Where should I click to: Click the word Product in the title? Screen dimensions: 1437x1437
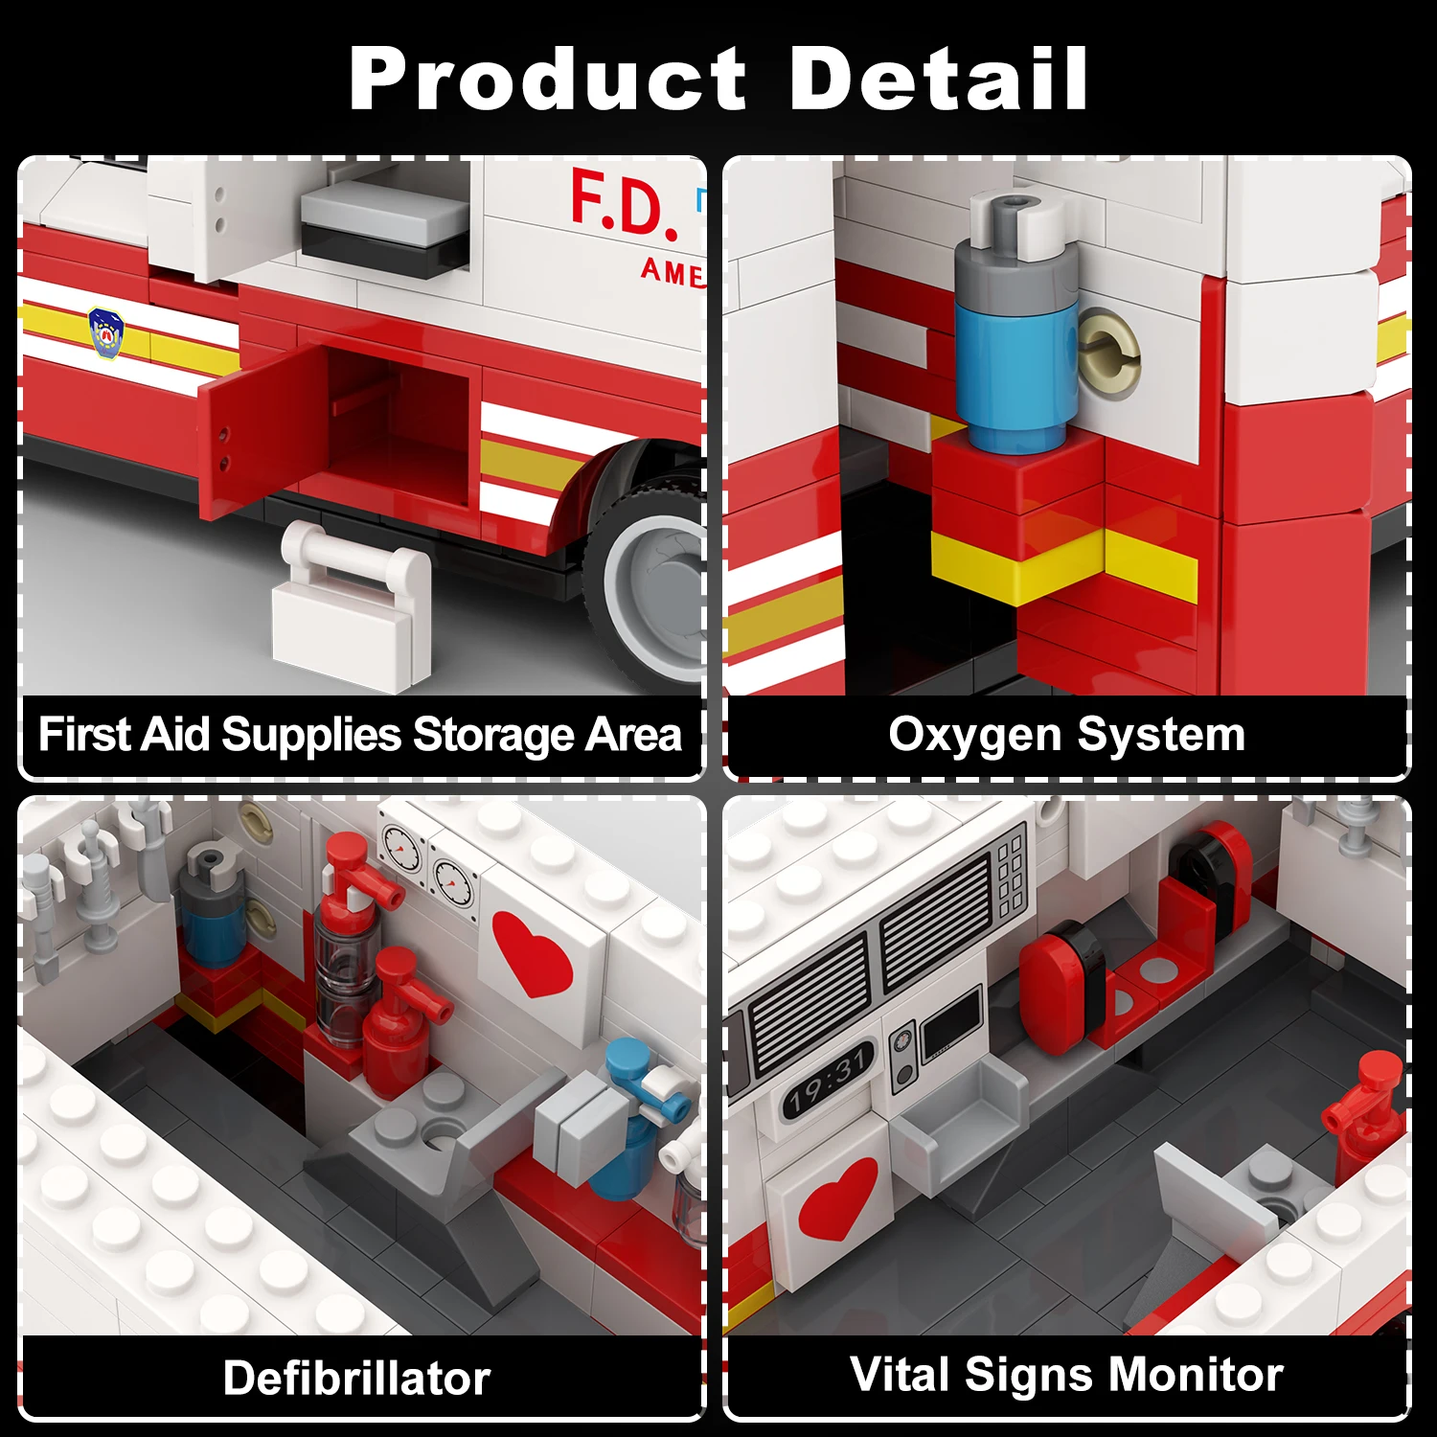click(547, 80)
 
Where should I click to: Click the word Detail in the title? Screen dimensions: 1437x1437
click(938, 80)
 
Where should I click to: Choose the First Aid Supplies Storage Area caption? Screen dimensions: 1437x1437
click(359, 736)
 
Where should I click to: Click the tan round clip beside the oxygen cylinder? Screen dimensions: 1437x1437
click(1108, 354)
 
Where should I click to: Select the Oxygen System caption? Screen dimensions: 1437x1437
click(1066, 736)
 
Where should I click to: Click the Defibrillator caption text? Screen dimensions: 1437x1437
click(356, 1379)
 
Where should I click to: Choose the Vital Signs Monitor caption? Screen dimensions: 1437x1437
click(1066, 1375)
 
